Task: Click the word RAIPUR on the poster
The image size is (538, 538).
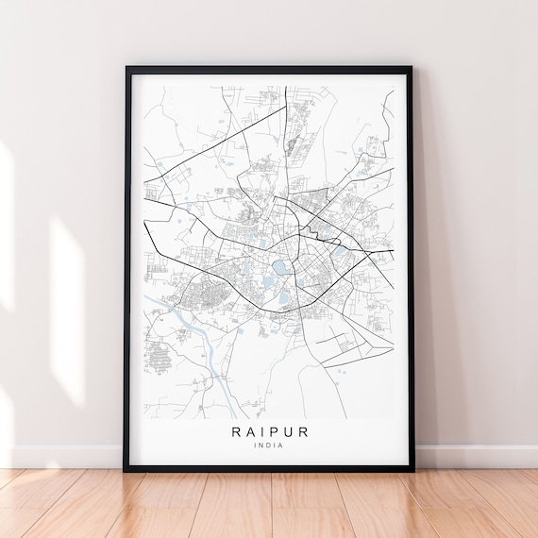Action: pyautogui.click(x=269, y=432)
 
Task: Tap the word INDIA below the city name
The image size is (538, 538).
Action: pyautogui.click(x=269, y=446)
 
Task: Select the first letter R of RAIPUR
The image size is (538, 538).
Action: pyautogui.click(x=234, y=432)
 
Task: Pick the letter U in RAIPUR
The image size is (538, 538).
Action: pyautogui.click(x=290, y=432)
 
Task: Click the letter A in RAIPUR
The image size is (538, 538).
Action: pyautogui.click(x=248, y=432)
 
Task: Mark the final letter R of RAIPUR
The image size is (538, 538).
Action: pyautogui.click(x=304, y=432)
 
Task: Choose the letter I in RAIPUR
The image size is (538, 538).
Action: pyautogui.click(x=261, y=432)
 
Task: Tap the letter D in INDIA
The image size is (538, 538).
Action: pyautogui.click(x=269, y=446)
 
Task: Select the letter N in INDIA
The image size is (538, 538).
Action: pyautogui.click(x=262, y=446)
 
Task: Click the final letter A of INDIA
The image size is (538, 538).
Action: pyautogui.click(x=282, y=446)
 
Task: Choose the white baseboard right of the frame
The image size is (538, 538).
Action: pyautogui.click(x=477, y=456)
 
